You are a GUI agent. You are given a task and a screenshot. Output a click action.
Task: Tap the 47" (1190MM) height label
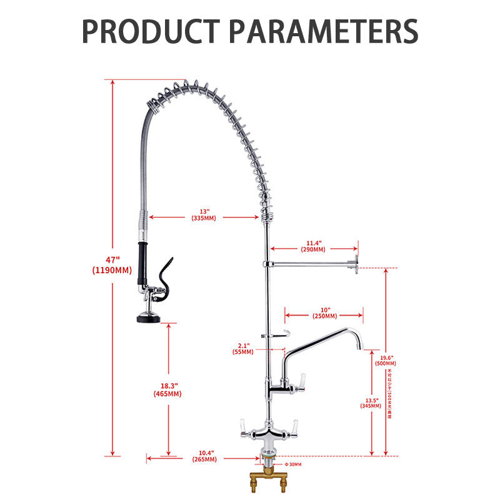coord(111,265)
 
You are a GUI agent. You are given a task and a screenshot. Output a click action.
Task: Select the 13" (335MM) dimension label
coord(204,214)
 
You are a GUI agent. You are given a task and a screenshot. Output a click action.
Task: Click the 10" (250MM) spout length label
coord(324,312)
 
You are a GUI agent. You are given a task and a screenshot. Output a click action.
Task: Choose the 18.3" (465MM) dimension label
coord(167,389)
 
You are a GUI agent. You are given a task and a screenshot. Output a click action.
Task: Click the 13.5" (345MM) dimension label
coord(371,402)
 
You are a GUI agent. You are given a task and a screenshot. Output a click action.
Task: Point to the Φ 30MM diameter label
coord(292,464)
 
